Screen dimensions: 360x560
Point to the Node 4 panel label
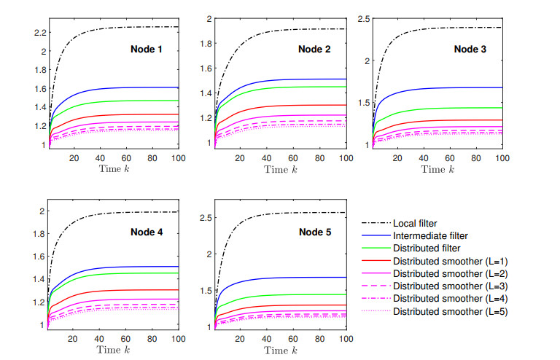click(151, 233)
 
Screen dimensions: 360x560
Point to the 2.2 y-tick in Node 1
click(39, 33)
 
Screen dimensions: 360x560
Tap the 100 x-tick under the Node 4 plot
click(175, 339)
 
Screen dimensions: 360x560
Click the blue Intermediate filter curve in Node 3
click(437, 87)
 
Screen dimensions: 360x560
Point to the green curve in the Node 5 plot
click(292, 294)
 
